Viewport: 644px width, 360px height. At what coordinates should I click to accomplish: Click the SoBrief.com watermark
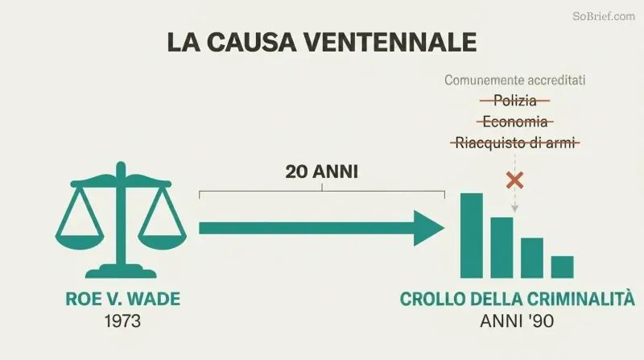pyautogui.click(x=604, y=16)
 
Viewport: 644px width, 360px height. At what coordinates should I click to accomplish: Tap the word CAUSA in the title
pyautogui.click(x=251, y=42)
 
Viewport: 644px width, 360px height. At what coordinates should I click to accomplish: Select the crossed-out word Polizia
pyautogui.click(x=515, y=101)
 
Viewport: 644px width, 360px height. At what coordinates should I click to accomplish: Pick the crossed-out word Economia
pyautogui.click(x=515, y=122)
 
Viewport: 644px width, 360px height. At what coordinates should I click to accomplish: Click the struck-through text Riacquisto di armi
pyautogui.click(x=515, y=143)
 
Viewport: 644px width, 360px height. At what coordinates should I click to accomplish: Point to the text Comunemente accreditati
pyautogui.click(x=514, y=81)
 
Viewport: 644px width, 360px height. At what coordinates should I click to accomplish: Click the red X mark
pyautogui.click(x=514, y=181)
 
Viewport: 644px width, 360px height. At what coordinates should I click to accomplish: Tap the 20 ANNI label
pyautogui.click(x=321, y=172)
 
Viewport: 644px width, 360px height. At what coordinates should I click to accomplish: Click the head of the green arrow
pyautogui.click(x=428, y=228)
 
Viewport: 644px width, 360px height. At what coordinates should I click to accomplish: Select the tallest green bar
pyautogui.click(x=472, y=235)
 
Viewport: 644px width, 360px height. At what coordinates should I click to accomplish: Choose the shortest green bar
pyautogui.click(x=562, y=267)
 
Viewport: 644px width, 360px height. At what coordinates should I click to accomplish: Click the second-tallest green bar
pyautogui.click(x=502, y=248)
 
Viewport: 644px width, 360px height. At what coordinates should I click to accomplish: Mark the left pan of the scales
pyautogui.click(x=79, y=242)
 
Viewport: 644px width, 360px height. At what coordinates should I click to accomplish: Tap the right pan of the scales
pyautogui.click(x=163, y=242)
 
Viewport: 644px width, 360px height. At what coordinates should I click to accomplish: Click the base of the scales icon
pyautogui.click(x=121, y=271)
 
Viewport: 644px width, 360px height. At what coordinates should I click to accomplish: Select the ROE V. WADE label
pyautogui.click(x=123, y=299)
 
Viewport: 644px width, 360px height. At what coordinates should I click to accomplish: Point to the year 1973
pyautogui.click(x=122, y=321)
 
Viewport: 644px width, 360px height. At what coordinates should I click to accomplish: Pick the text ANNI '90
pyautogui.click(x=517, y=321)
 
